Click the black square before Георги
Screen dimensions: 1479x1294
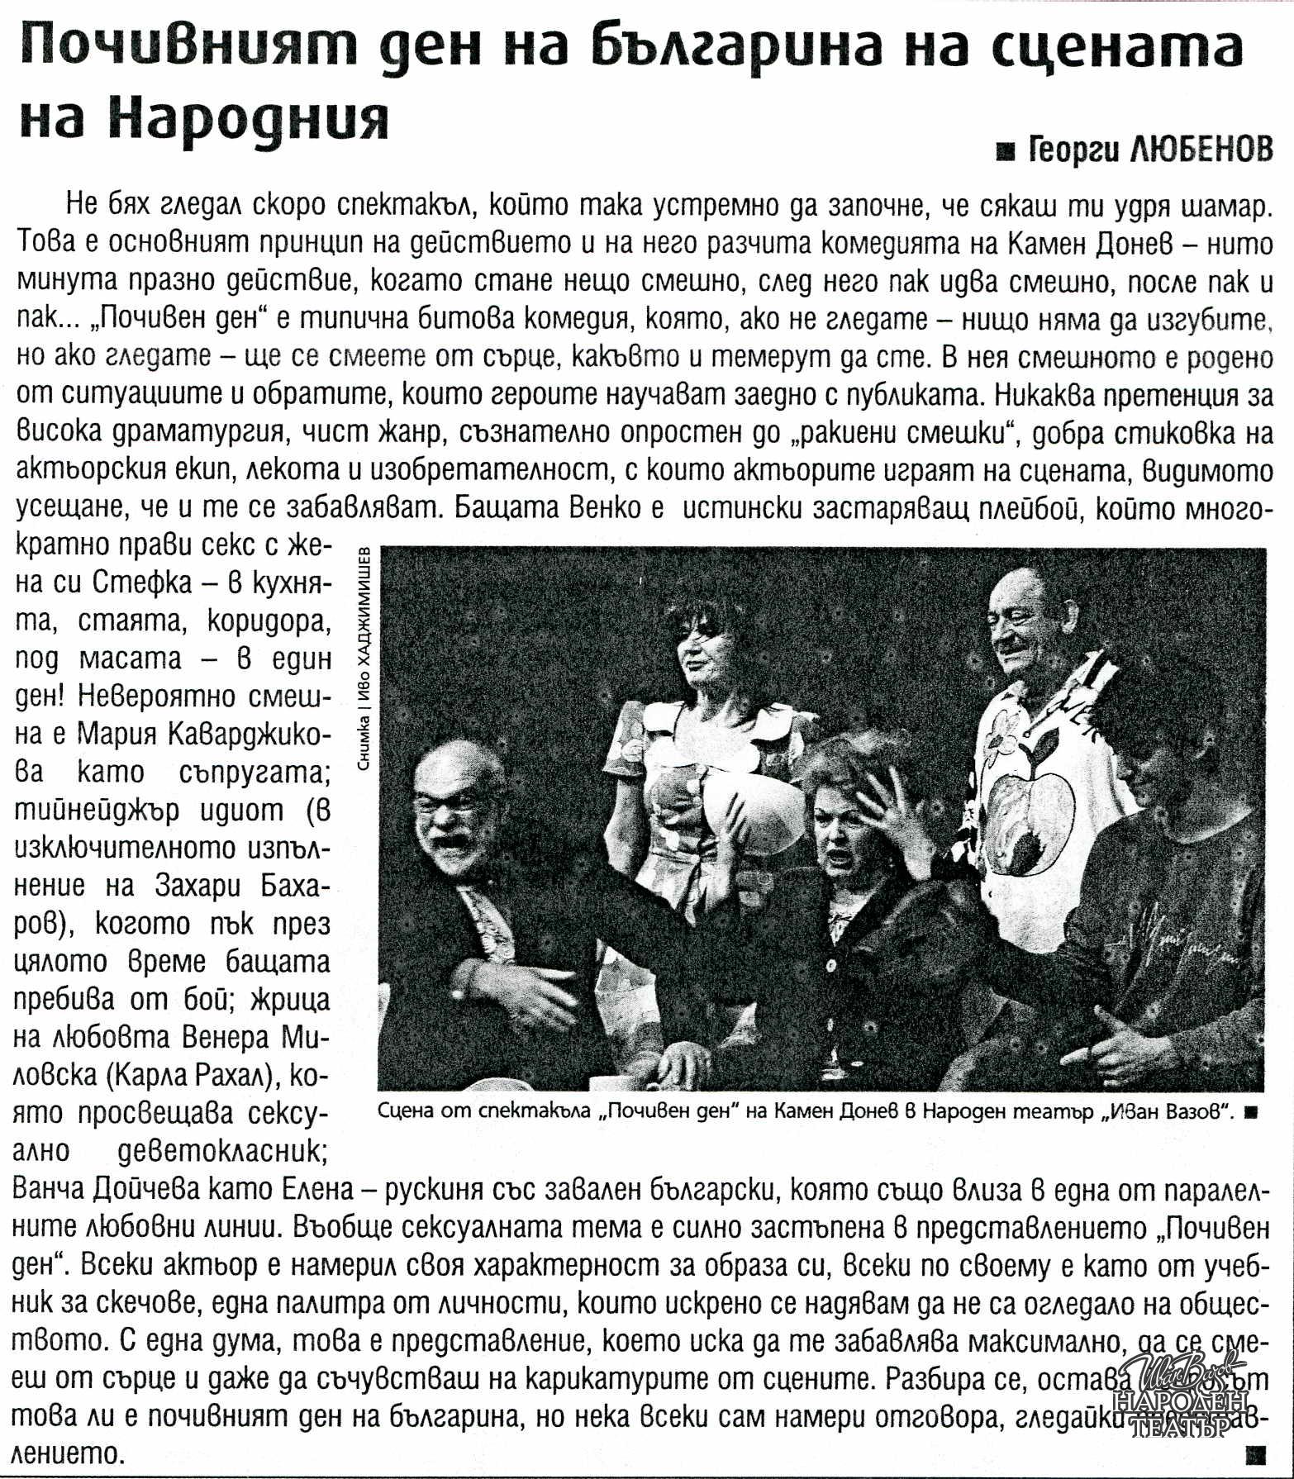tap(1006, 151)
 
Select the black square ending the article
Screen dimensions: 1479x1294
tap(1258, 1453)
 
